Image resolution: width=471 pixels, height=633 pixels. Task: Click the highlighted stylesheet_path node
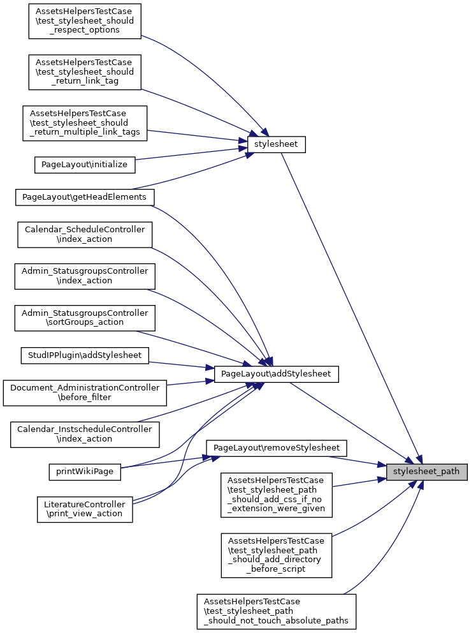tap(426, 472)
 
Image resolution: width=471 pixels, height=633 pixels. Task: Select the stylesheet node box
tap(277, 145)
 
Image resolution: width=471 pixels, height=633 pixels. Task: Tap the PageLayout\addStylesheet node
tap(276, 374)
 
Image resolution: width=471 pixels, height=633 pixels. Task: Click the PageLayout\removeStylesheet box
tap(277, 447)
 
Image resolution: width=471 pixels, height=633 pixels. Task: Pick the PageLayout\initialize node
tap(84, 164)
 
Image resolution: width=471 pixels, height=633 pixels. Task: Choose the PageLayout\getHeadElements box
tap(84, 197)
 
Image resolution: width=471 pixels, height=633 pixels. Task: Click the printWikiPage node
tap(85, 472)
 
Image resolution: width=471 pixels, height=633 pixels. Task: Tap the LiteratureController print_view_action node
tap(85, 509)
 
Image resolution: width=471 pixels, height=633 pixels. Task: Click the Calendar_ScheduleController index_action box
tap(85, 234)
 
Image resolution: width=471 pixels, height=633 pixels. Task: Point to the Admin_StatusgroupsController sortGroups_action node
tap(84, 317)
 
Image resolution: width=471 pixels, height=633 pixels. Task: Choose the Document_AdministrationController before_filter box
tap(85, 392)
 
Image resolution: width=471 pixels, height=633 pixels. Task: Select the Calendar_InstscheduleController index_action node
tap(85, 434)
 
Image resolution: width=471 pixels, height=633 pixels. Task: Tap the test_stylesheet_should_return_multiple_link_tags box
tap(85, 123)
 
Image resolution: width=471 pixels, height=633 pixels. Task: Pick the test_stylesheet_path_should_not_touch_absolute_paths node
tap(276, 611)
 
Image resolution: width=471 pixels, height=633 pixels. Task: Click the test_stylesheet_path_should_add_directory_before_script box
tap(276, 555)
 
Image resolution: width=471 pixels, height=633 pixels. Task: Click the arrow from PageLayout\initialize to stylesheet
tap(191, 154)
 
